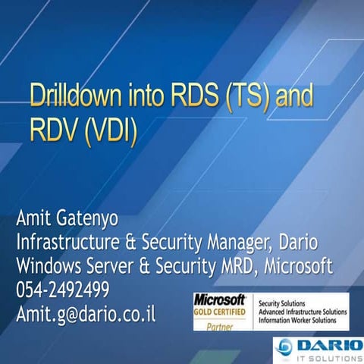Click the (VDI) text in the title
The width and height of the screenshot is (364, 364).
113,133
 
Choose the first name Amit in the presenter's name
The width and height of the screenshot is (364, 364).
36,221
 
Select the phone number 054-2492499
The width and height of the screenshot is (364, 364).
63,290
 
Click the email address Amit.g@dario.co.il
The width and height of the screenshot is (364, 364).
86,313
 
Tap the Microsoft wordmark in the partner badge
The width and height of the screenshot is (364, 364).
220,298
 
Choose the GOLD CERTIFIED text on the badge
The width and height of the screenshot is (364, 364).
220,311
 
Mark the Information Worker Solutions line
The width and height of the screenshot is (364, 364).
300,320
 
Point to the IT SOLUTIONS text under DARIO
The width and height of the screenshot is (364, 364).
328,356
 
